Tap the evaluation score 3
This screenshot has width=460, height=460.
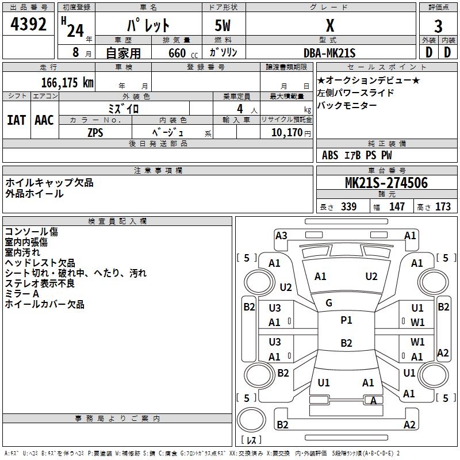tap(439, 26)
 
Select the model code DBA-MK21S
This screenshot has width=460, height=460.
tap(330, 53)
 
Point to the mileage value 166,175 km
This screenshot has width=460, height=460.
tap(67, 83)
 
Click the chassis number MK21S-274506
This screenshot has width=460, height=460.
tap(386, 183)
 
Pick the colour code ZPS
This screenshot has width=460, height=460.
tap(95, 132)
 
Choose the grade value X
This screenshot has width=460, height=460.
tap(329, 26)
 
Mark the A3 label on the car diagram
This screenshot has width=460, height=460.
tap(281, 235)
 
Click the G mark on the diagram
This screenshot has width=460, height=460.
tap(329, 303)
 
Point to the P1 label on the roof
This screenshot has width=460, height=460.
tap(346, 320)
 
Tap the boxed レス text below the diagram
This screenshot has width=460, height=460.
tap(251, 440)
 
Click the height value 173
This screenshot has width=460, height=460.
tap(443, 206)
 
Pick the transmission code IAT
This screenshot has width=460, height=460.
tap(16, 120)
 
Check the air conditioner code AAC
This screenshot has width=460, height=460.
tap(44, 120)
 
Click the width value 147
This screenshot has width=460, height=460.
tap(397, 206)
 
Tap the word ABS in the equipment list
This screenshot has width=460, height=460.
tap(330, 155)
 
